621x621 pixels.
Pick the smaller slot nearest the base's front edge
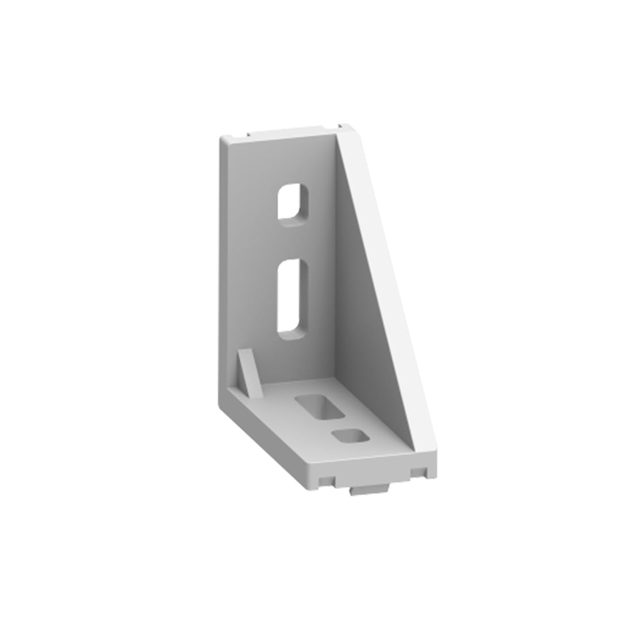tap(351, 437)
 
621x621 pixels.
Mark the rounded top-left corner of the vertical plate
tap(223, 140)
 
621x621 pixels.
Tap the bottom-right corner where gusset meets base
tap(423, 448)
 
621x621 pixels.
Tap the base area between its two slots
tap(336, 424)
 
